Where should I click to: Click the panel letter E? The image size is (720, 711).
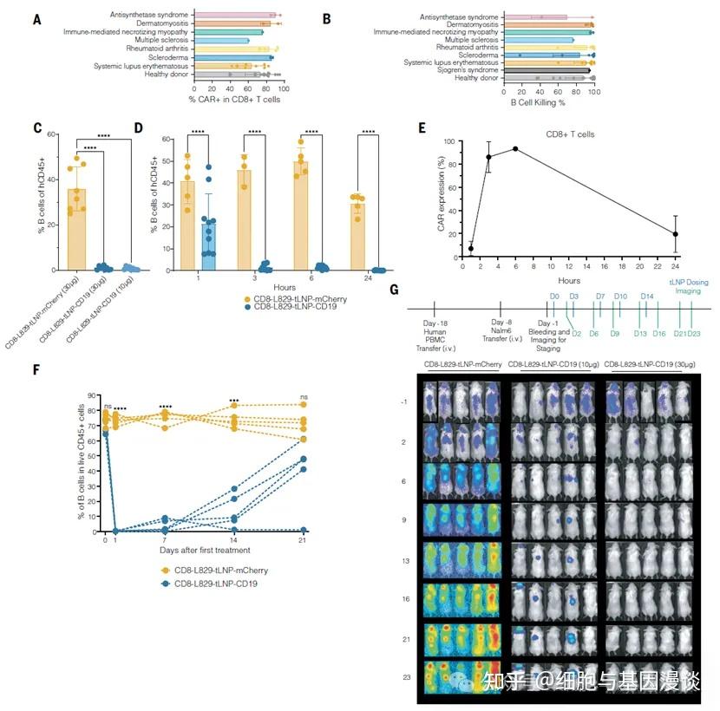422,127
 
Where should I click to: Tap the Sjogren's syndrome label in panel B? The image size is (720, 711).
468,71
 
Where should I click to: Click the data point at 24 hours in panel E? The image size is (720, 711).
675,234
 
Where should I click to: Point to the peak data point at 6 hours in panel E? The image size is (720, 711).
516,148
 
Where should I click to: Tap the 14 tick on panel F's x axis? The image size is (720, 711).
234,539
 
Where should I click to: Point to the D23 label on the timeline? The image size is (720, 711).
694,334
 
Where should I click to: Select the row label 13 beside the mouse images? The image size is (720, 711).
405,560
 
